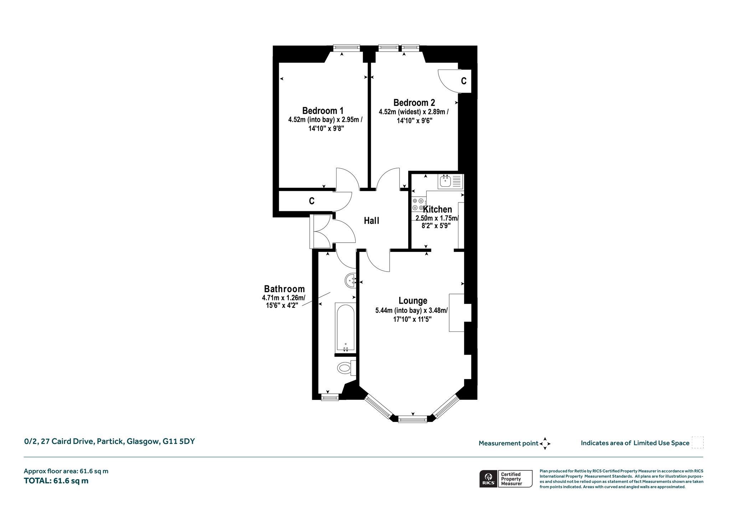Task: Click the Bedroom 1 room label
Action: point(323,110)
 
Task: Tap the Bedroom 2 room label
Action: point(414,103)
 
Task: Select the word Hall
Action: point(371,221)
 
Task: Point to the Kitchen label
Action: point(437,210)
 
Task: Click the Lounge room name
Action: point(413,301)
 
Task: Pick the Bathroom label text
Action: point(284,289)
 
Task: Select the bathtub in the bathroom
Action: point(345,327)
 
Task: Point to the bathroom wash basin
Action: point(351,281)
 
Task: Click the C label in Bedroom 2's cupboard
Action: point(464,81)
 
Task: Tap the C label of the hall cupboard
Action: point(312,201)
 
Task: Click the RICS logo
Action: point(488,479)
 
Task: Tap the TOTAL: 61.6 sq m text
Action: point(56,481)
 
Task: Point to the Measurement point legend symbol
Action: point(545,444)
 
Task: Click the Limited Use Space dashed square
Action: point(698,443)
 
